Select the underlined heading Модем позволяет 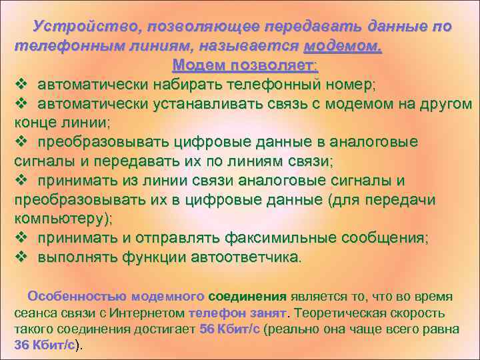[245, 66]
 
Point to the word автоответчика [243, 257]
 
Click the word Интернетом [150, 313]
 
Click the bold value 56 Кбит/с [231, 329]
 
